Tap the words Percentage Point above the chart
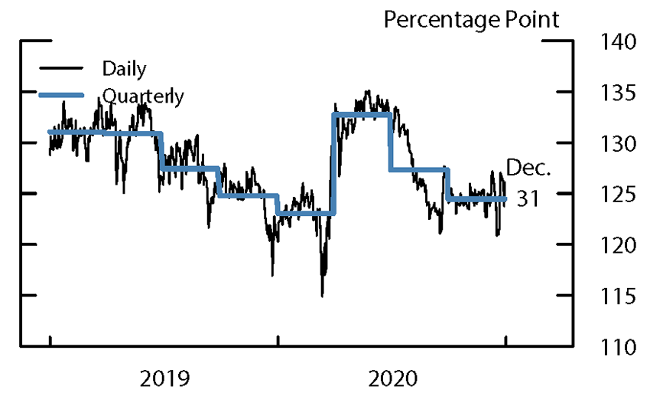click(471, 18)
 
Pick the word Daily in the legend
click(124, 69)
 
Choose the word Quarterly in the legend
click(143, 97)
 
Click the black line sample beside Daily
click(61, 70)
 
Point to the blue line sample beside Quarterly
click(61, 96)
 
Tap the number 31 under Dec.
click(527, 198)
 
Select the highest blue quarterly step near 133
click(362, 114)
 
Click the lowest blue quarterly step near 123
click(305, 213)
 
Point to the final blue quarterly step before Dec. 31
click(476, 199)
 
